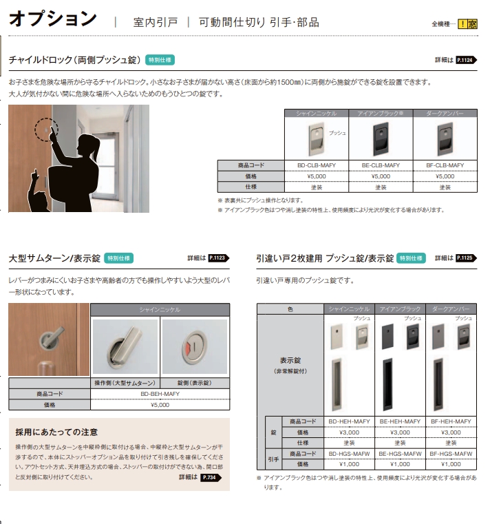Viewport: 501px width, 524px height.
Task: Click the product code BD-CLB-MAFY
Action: (317, 165)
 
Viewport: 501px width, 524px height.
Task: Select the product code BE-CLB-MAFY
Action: (381, 165)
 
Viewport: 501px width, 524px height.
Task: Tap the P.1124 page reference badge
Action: (467, 60)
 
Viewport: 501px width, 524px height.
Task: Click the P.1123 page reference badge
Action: (219, 258)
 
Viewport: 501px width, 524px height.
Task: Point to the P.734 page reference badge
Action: (211, 478)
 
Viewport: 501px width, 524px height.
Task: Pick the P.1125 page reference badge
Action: (467, 258)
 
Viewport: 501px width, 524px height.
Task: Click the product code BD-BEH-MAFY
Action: (160, 394)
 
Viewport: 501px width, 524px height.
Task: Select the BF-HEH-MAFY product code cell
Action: (451, 421)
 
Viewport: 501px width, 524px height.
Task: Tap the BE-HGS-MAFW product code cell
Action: (400, 454)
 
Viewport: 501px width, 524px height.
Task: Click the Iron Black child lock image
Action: (381, 138)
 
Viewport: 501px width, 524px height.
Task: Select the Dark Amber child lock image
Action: (445, 138)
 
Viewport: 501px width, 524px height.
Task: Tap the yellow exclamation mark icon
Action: (462, 24)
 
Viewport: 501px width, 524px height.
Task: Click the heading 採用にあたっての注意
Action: (56, 432)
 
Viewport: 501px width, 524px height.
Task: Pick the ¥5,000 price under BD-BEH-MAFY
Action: (160, 405)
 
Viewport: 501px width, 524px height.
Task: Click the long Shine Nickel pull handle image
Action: (337, 385)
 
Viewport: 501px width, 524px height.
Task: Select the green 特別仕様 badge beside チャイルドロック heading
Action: (160, 60)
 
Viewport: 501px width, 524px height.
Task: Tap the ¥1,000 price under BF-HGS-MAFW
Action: (451, 465)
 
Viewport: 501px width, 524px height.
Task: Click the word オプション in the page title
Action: (53, 19)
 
